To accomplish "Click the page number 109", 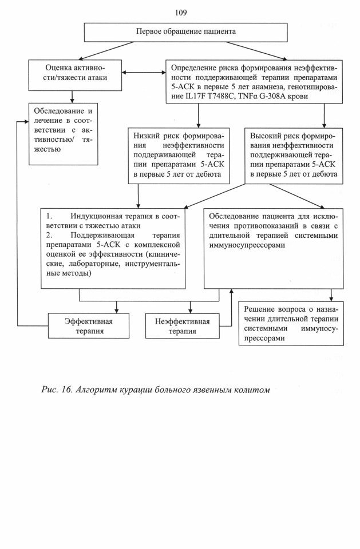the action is [180, 13].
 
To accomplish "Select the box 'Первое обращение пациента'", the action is [186, 32].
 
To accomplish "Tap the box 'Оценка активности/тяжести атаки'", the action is [75, 75].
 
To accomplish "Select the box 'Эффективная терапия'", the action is [89, 325].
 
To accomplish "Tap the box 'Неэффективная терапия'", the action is [182, 325].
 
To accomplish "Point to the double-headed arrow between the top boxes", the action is [144, 73].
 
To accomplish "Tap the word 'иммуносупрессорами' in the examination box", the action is [247, 245].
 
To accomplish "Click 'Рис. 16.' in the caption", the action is [57, 389].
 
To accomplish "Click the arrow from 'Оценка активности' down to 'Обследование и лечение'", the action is [72, 97].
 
